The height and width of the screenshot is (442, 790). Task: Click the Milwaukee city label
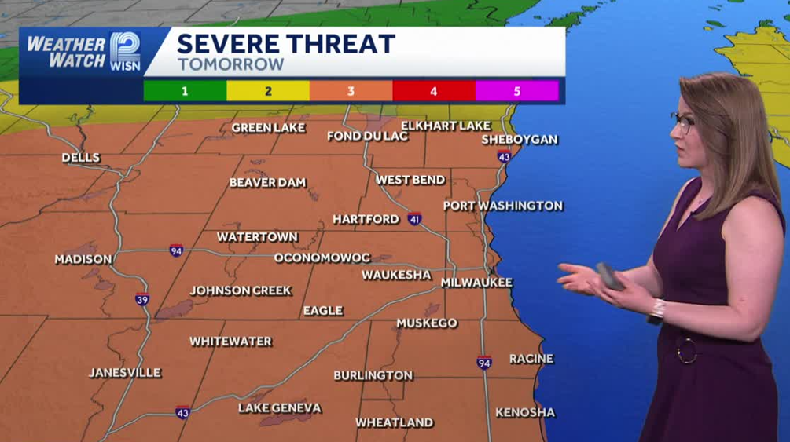[476, 283]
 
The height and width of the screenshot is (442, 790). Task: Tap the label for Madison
[83, 259]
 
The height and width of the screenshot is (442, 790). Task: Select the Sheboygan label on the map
[520, 140]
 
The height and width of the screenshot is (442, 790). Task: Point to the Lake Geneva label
[280, 408]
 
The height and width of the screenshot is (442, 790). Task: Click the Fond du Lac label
[368, 137]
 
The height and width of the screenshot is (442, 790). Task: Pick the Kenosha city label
[525, 412]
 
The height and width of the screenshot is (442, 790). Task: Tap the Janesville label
[125, 373]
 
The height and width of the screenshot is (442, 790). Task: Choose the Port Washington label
[503, 206]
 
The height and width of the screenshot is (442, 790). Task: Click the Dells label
[81, 158]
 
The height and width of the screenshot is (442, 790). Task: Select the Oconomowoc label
[322, 258]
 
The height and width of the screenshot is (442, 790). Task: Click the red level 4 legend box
[434, 91]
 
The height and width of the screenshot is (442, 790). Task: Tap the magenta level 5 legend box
[516, 91]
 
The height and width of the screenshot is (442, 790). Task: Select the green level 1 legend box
[185, 91]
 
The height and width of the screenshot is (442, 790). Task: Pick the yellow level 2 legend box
[268, 91]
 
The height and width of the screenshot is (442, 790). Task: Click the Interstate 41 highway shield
[414, 218]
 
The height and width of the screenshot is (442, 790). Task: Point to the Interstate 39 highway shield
[141, 299]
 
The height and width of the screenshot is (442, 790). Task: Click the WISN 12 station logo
[125, 52]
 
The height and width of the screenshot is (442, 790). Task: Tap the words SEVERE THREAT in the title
[286, 44]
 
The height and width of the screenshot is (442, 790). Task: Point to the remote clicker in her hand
[611, 276]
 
